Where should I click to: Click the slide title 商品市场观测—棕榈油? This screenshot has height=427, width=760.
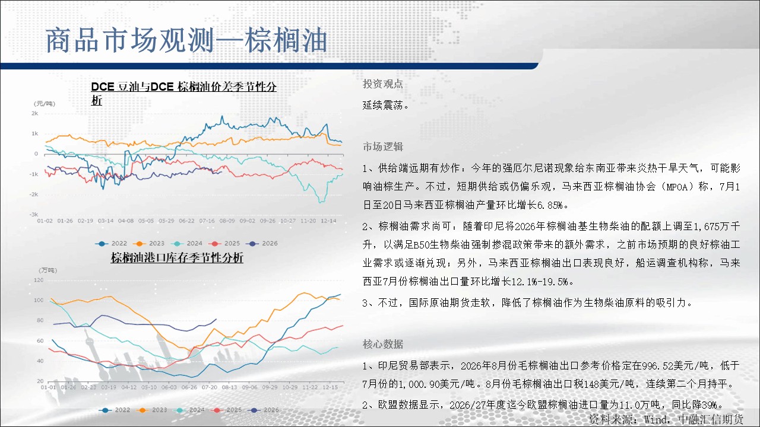[x=186, y=40]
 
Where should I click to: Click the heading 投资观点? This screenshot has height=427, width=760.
[x=383, y=84]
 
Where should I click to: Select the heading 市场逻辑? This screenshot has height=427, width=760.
[x=383, y=146]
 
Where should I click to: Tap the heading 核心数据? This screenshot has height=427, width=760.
[x=383, y=344]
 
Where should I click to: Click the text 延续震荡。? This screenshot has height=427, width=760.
[x=386, y=105]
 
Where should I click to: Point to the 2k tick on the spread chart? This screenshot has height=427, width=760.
[x=34, y=113]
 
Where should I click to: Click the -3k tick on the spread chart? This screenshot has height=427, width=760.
[x=34, y=214]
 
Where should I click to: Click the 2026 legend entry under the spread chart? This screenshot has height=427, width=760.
[x=262, y=243]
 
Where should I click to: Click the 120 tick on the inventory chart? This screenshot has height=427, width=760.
[x=39, y=280]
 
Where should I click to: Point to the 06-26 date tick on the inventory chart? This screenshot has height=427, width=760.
[x=189, y=387]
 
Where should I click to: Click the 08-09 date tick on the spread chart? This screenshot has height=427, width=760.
[x=227, y=221]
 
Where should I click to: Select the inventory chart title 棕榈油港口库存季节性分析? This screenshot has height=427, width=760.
[x=177, y=257]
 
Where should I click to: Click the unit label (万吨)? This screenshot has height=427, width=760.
[x=48, y=270]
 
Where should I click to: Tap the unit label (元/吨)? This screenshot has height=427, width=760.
[x=44, y=103]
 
